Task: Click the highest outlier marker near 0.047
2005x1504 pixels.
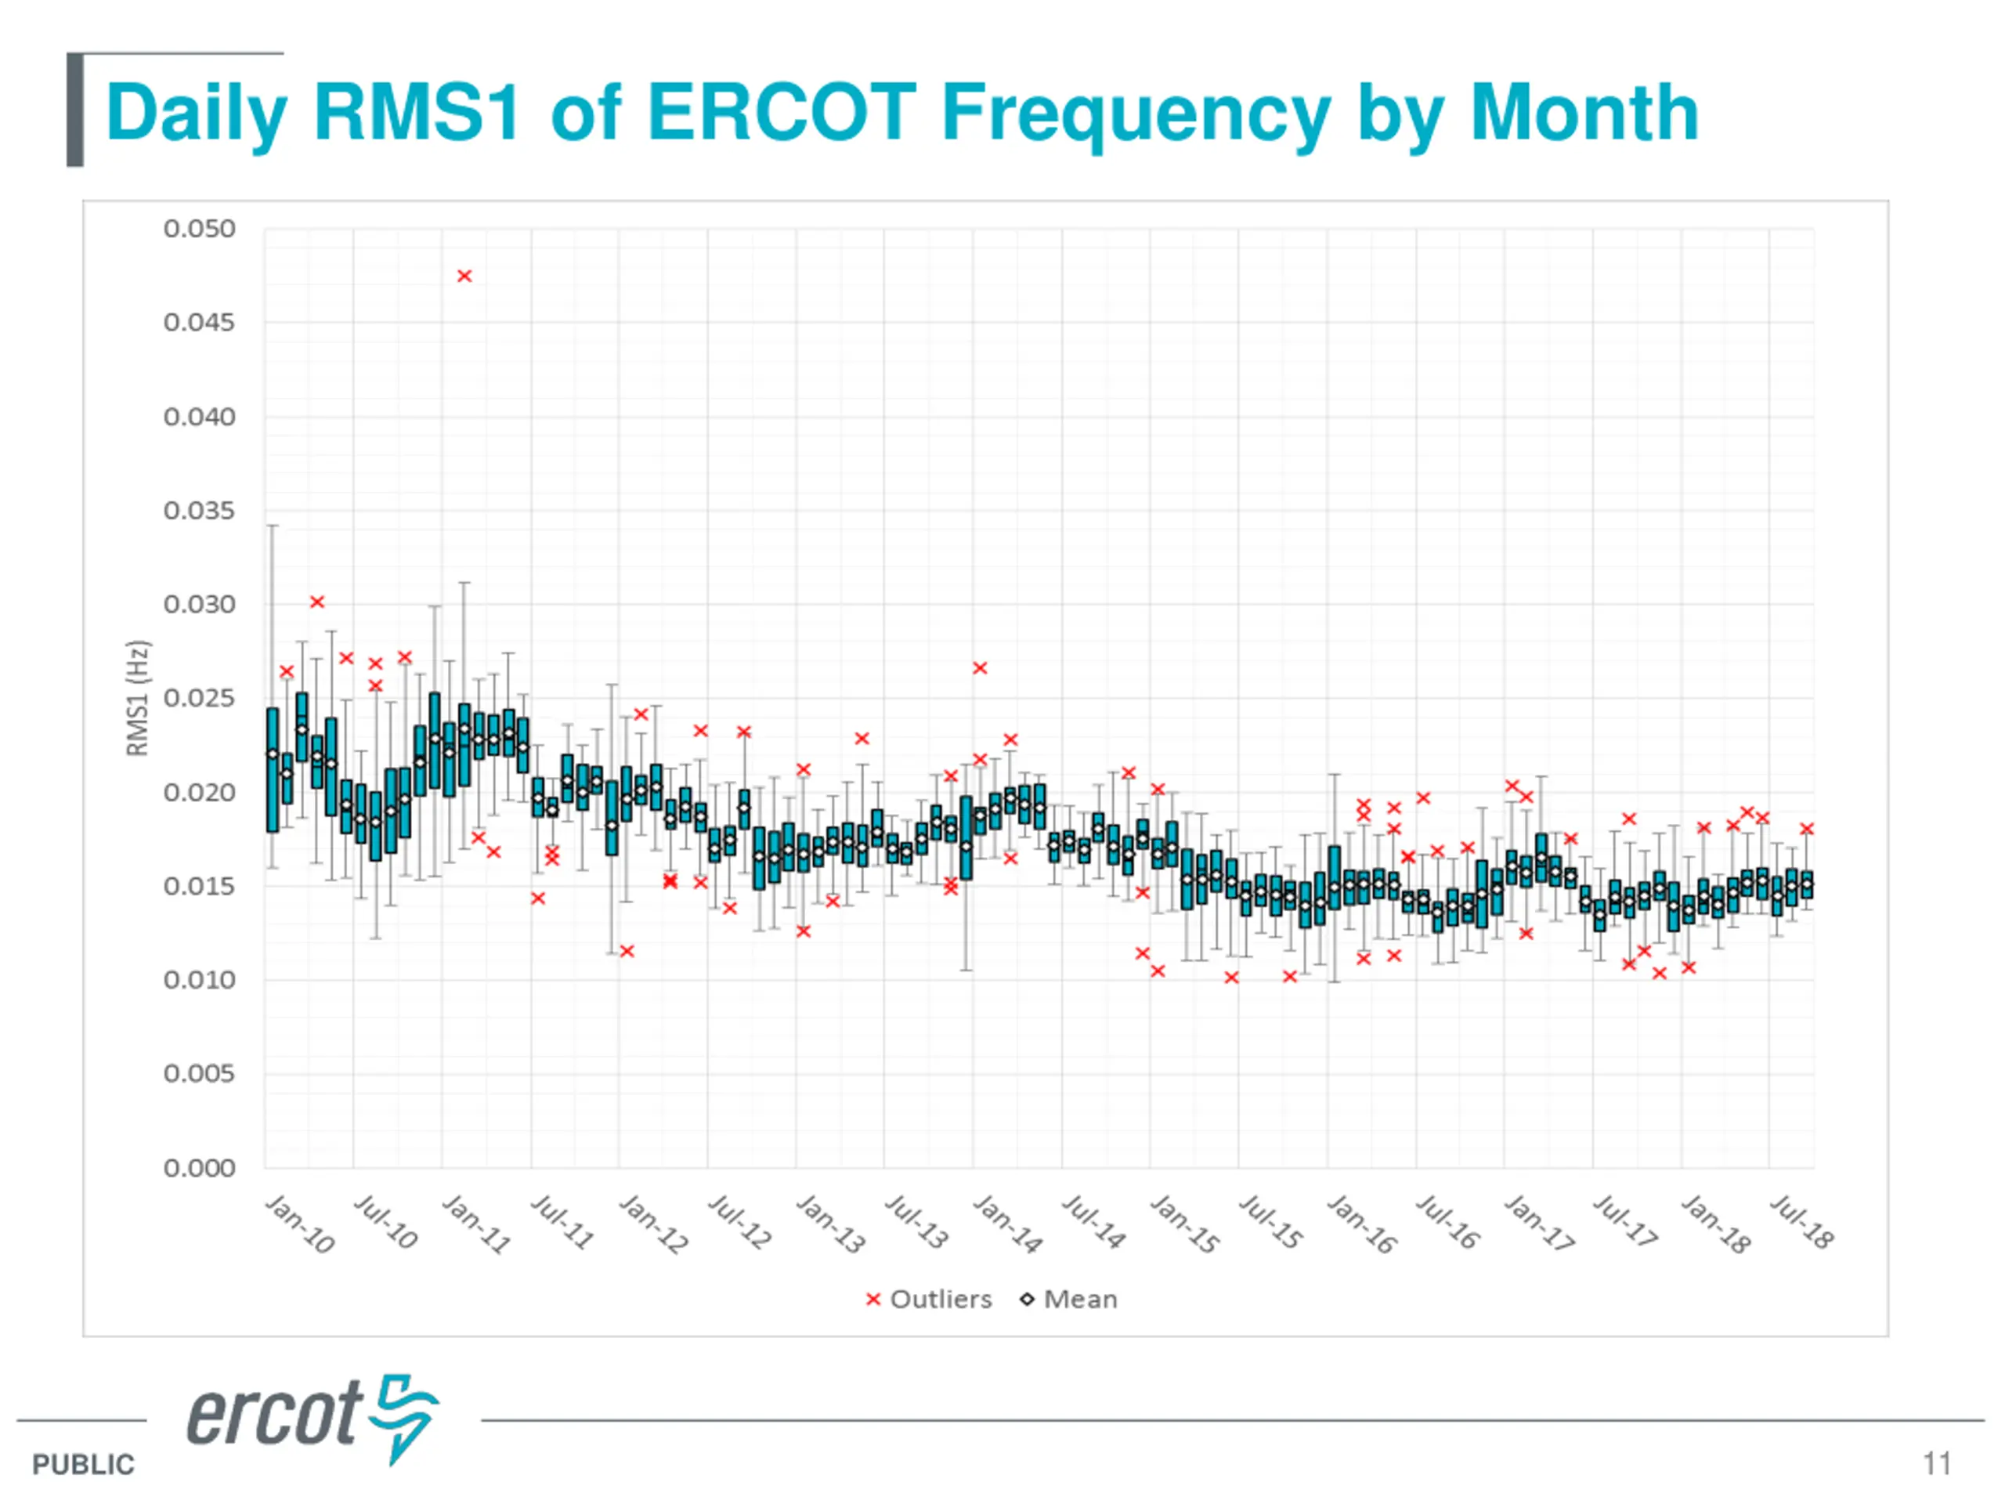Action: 464,276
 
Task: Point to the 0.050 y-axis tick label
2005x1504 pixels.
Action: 200,229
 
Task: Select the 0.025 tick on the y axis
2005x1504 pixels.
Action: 200,698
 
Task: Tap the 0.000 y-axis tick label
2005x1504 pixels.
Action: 200,1168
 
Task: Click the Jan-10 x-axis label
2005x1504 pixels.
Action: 300,1224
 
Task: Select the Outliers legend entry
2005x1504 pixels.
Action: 929,1299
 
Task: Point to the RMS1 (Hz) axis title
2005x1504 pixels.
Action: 137,698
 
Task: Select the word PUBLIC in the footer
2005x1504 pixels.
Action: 83,1464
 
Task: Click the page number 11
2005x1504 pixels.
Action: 1937,1463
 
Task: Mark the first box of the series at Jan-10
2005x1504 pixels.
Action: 272,770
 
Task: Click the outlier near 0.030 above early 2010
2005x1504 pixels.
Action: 317,602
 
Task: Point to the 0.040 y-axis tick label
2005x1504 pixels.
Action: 200,417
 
